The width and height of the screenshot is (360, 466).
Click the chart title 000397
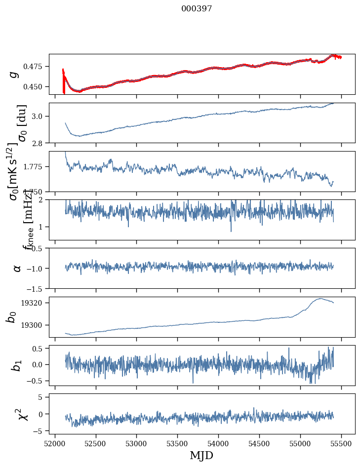coord(197,9)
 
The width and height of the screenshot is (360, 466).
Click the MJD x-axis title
coord(201,456)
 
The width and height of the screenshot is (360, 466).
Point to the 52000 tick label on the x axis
coord(55,444)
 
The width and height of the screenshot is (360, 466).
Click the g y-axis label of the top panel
coord(14,74)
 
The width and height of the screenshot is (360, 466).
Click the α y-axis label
coord(17,268)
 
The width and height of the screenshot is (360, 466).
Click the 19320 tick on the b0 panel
coord(35,303)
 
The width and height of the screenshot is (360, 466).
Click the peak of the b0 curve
coord(320,298)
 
